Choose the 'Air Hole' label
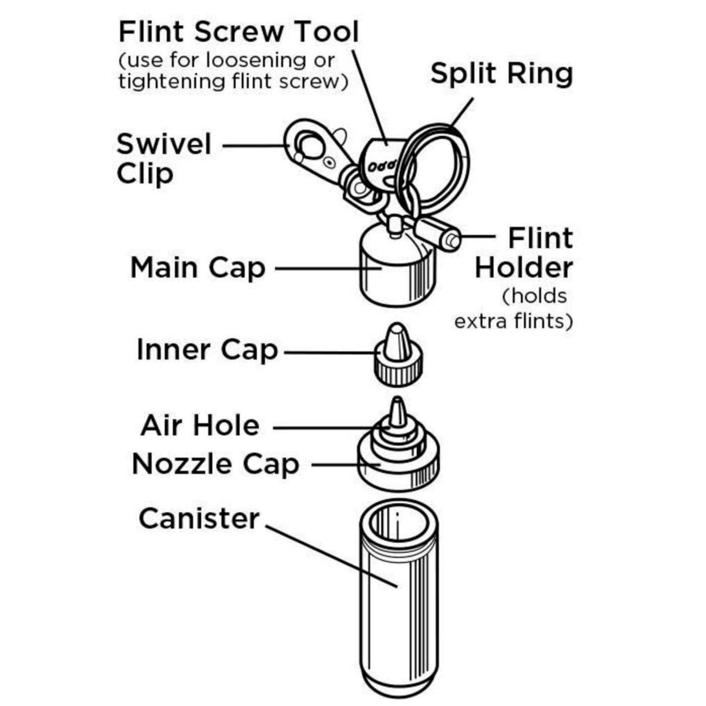(200, 426)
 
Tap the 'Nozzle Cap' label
(215, 464)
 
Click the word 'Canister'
(199, 518)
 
